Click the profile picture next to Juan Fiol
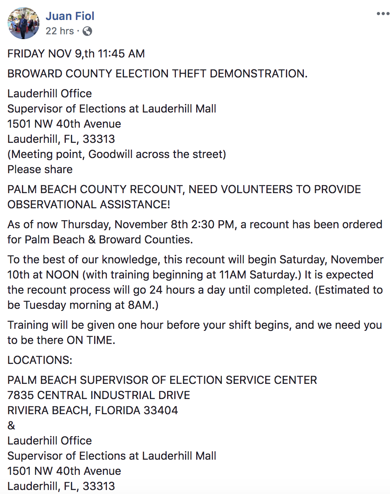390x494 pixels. point(23,23)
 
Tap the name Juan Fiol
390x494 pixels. point(70,16)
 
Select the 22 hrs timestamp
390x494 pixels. point(59,31)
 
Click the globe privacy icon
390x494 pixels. point(87,31)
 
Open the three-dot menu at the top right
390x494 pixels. point(382,14)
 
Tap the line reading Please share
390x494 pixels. point(40,170)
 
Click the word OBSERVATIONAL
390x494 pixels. point(52,205)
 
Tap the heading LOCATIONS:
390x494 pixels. point(40,360)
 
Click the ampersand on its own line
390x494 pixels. point(11,426)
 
